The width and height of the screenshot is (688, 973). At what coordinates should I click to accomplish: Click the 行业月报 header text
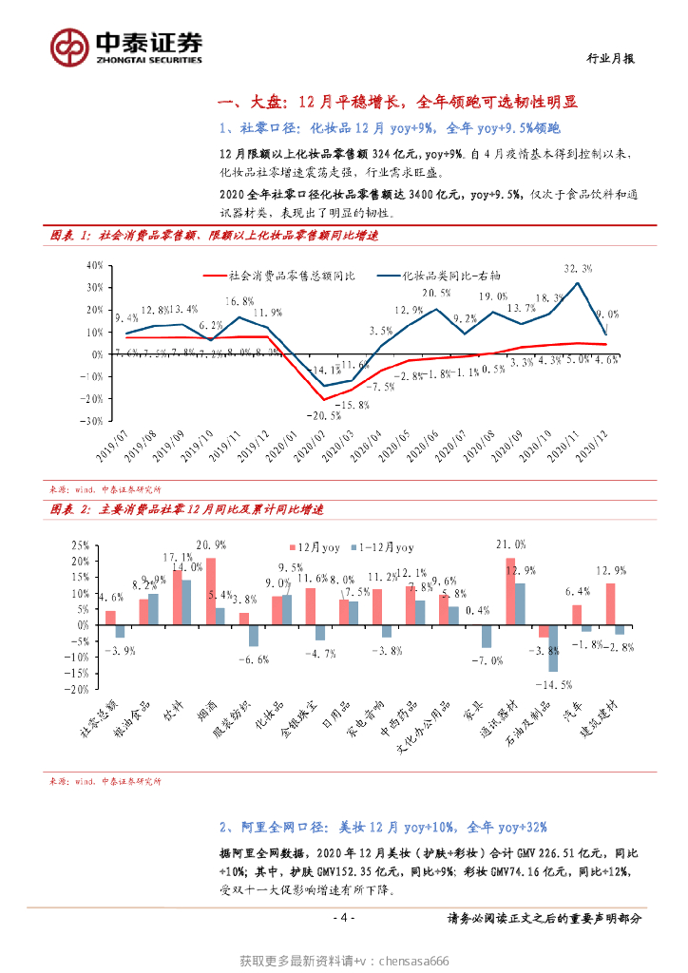point(609,58)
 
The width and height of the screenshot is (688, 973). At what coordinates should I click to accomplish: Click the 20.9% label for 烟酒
point(210,544)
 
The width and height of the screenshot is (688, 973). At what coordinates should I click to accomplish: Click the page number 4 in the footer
point(344,918)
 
